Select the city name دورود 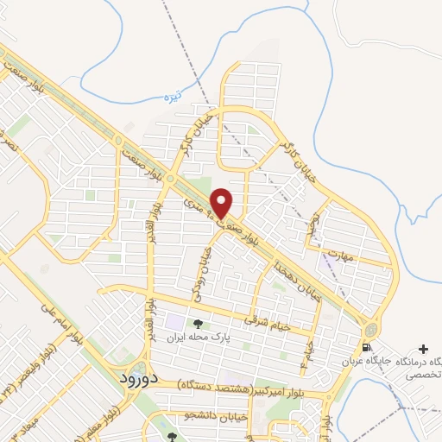[x=136, y=378]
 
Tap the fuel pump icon [x=367, y=348]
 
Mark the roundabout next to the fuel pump [x=370, y=329]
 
